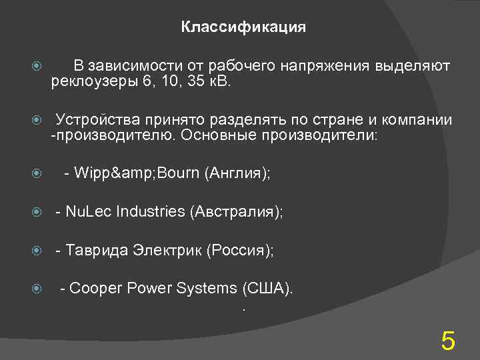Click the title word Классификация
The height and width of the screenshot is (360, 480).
[243, 27]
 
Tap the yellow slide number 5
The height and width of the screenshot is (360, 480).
[448, 342]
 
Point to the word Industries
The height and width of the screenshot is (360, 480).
[151, 212]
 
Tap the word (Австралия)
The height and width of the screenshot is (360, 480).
[236, 212]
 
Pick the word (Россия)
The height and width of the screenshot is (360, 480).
[240, 250]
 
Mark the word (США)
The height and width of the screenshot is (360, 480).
[268, 289]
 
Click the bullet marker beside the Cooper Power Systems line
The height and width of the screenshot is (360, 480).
[38, 289]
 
